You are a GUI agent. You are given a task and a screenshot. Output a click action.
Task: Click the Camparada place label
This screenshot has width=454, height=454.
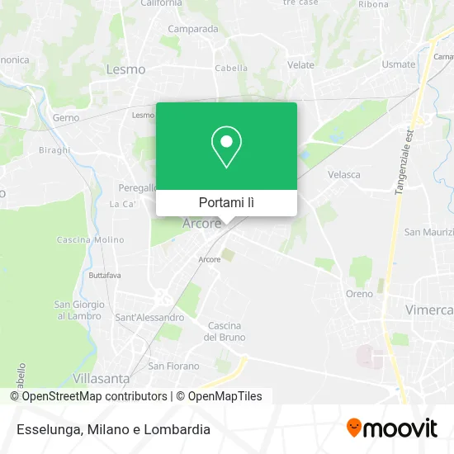(x=192, y=28)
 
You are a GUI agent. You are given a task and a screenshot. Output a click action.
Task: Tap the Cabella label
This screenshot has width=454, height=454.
(x=232, y=69)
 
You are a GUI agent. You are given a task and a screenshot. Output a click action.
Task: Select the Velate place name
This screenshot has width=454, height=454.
(x=300, y=64)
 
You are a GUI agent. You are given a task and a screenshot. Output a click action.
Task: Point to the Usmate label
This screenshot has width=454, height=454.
(x=399, y=64)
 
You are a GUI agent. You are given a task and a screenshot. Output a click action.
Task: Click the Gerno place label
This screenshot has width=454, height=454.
(x=66, y=118)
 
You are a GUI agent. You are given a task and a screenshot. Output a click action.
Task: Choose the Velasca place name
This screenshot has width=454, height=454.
(x=344, y=174)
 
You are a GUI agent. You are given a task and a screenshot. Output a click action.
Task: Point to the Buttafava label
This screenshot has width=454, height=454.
(x=105, y=273)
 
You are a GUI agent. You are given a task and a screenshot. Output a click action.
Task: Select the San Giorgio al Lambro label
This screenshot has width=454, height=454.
(x=78, y=310)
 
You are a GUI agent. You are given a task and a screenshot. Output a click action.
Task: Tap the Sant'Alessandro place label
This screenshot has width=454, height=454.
(x=149, y=317)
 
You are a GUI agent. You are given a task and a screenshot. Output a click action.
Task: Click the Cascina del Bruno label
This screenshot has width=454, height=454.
(x=225, y=331)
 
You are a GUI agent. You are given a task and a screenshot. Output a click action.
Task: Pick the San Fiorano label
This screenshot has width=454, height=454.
(x=173, y=366)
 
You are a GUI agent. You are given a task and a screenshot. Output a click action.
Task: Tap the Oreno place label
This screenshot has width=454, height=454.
(x=359, y=294)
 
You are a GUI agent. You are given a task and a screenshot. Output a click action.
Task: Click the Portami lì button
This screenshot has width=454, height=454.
(x=226, y=202)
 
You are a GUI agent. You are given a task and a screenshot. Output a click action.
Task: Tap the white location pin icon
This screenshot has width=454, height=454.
(x=226, y=146)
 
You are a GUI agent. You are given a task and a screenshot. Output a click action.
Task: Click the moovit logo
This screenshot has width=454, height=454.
(x=392, y=428)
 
